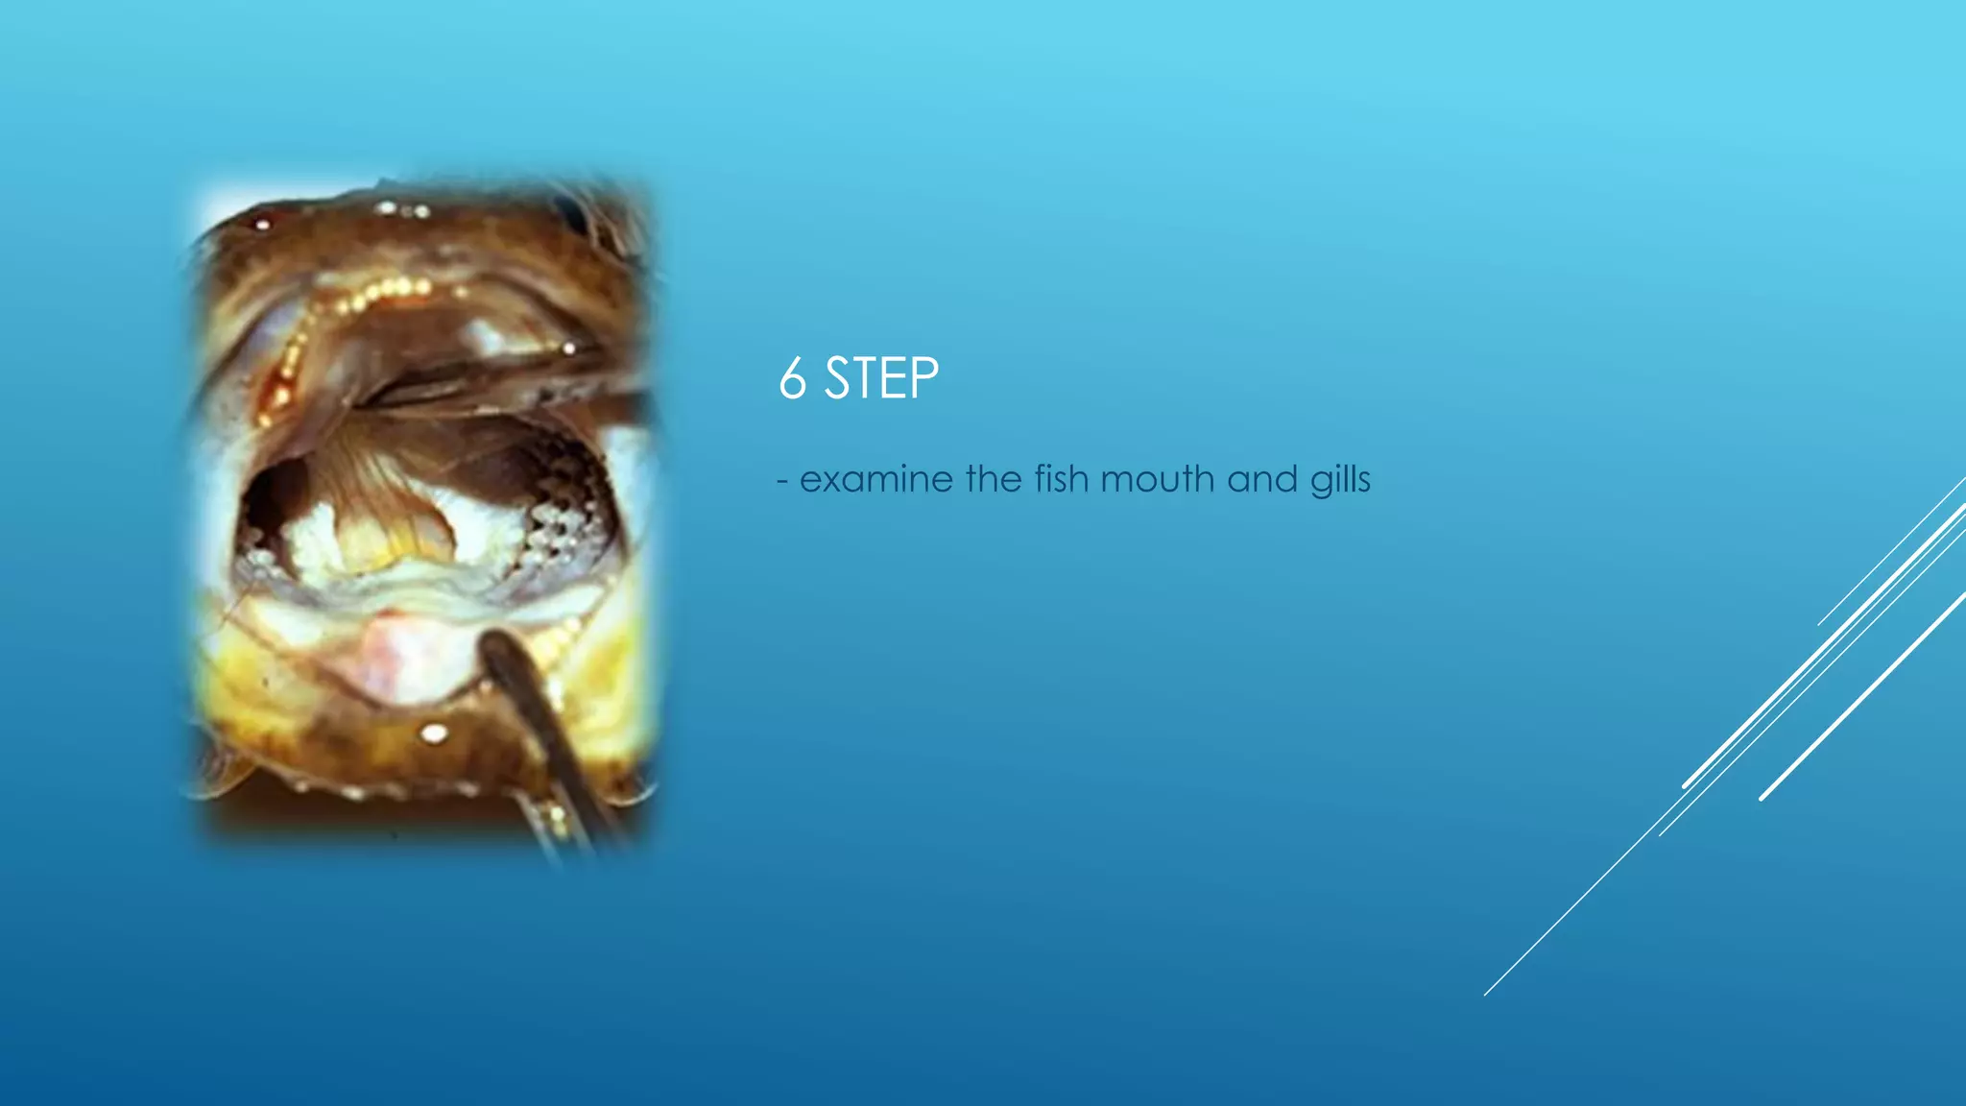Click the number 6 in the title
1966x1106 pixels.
[x=792, y=378]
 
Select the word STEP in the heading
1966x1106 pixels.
[x=881, y=378]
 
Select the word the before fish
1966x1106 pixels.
[x=995, y=478]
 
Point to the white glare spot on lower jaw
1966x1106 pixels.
[x=434, y=734]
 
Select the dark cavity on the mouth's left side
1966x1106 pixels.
[x=271, y=499]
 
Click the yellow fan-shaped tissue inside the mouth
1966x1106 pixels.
[x=389, y=509]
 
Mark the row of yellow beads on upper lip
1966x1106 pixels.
[x=384, y=291]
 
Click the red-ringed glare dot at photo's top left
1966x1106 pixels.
[x=261, y=225]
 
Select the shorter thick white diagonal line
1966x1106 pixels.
[x=1862, y=697]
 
